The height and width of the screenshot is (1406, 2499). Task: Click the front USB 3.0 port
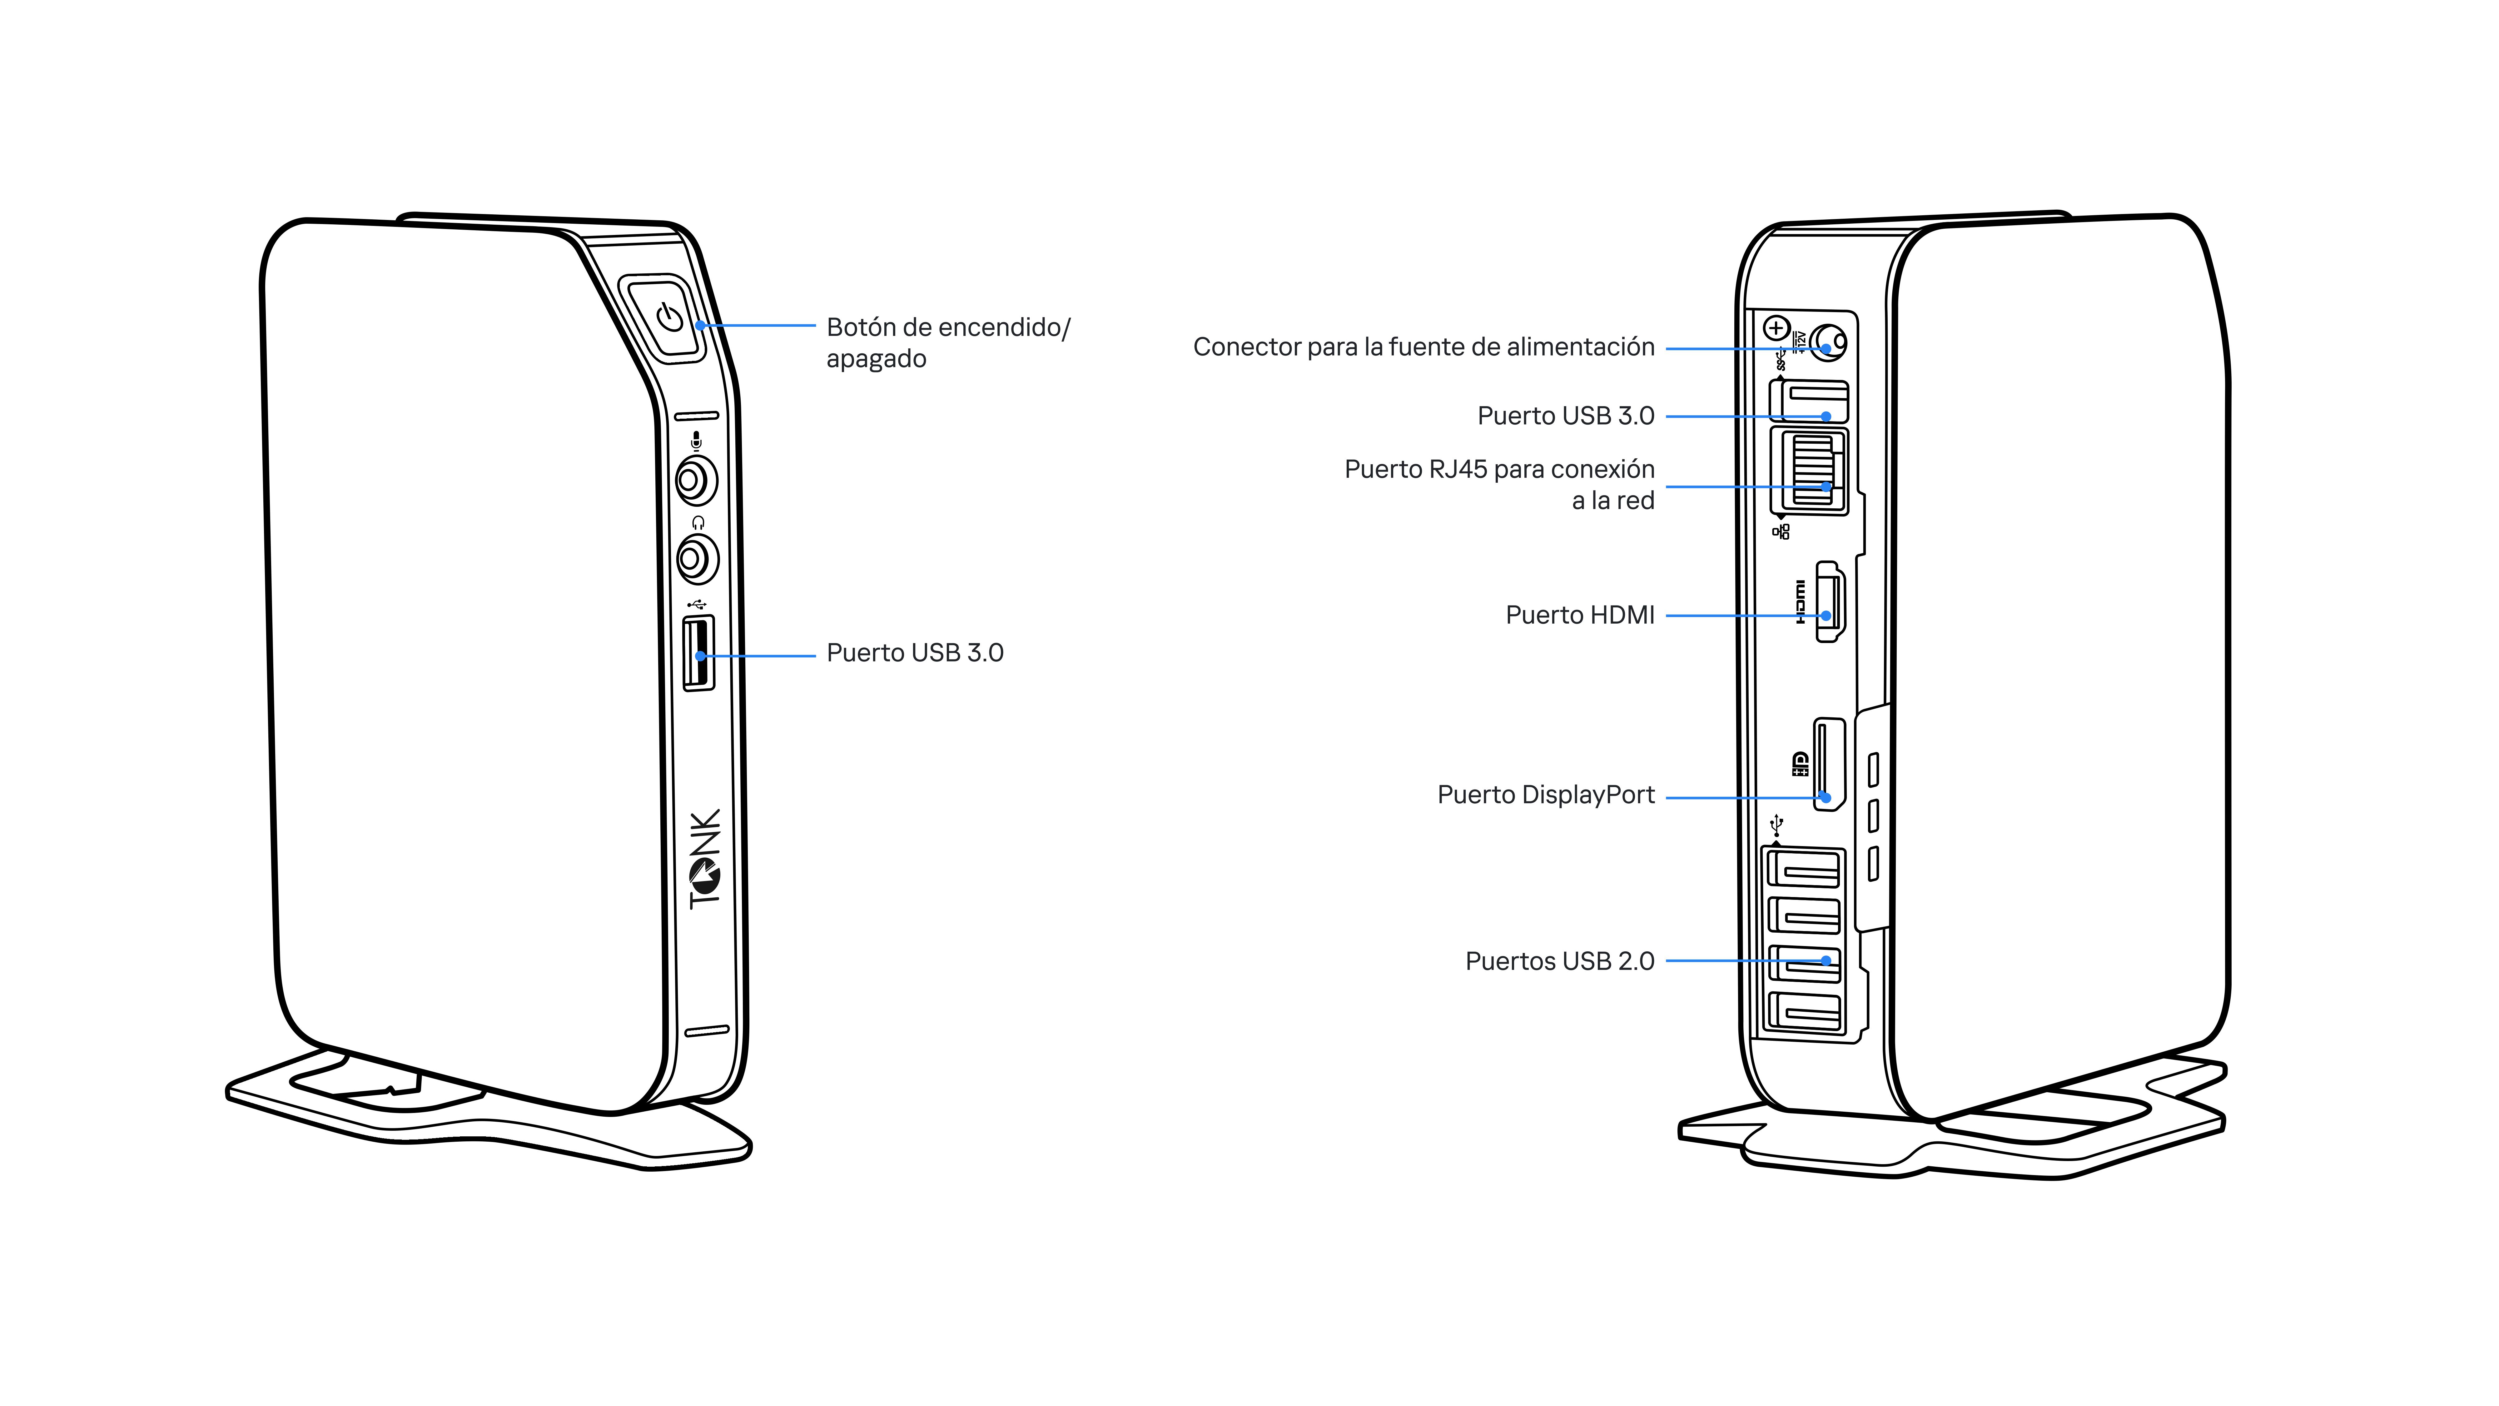pos(698,654)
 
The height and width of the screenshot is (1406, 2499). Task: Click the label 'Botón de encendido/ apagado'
pos(947,342)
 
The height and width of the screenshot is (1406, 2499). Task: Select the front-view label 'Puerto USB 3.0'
pos(914,653)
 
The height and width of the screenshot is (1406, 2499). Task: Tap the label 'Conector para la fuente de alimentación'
pos(1423,347)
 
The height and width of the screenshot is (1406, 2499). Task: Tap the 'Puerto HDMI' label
pos(1579,615)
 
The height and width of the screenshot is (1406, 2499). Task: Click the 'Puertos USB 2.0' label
pos(1559,962)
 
